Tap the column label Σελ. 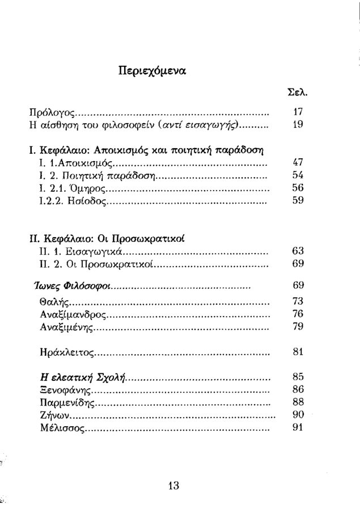click(297, 92)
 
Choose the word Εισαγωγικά click(92, 251)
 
